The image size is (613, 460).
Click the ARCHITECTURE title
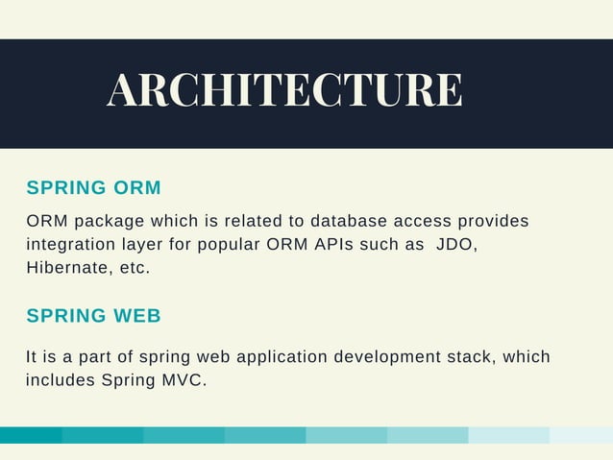(x=284, y=91)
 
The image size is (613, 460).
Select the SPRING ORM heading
(x=94, y=187)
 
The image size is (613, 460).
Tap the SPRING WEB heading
(x=94, y=316)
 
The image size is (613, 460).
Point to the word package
(x=106, y=222)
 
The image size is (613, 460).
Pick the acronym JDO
(x=455, y=245)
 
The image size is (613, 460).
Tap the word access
(x=418, y=222)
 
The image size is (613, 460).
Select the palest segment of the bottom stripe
(x=581, y=435)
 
